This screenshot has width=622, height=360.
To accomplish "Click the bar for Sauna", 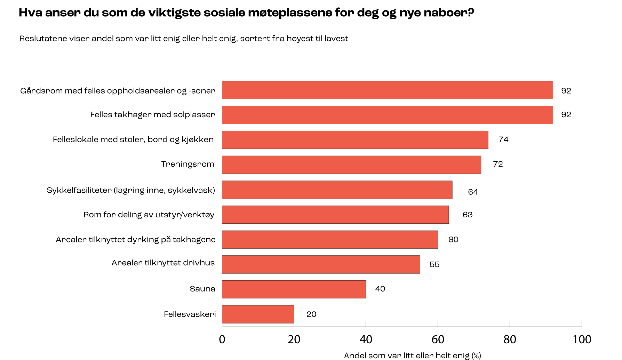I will [x=294, y=289].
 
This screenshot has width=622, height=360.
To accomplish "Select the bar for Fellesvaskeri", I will [x=258, y=314].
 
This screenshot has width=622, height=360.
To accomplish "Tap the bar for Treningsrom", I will [x=352, y=165].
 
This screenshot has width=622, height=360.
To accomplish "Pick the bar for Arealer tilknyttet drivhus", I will [x=321, y=264].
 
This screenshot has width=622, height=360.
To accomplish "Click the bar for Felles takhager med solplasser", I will [x=388, y=115].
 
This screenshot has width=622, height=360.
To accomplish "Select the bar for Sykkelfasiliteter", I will [x=337, y=190].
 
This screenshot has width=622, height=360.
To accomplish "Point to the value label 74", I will [x=503, y=140].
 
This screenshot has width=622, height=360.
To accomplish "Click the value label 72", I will [x=498, y=165].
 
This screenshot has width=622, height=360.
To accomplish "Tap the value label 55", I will [x=434, y=265].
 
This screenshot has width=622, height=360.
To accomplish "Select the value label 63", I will [x=468, y=215].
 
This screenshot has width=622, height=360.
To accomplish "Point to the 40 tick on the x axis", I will [x=366, y=339].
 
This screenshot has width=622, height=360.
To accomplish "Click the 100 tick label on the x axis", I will [x=582, y=339].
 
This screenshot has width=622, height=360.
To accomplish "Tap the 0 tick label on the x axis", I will [x=222, y=339].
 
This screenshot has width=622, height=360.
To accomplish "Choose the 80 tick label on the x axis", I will [x=510, y=339].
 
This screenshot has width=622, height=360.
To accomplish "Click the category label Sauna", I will [x=202, y=289].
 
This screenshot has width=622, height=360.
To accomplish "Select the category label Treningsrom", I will [x=188, y=164].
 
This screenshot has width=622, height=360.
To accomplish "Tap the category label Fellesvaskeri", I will [x=190, y=314].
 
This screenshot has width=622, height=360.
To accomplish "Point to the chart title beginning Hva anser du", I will [x=246, y=13].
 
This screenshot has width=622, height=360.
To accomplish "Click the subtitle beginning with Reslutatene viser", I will [x=184, y=39].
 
